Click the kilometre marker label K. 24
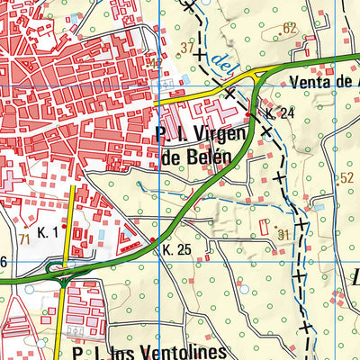[281, 113]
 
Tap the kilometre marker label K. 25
[177, 248]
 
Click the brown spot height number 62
[289, 29]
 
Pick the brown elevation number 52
[346, 178]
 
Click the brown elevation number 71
[24, 238]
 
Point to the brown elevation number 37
[187, 47]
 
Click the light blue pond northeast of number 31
[318, 207]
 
